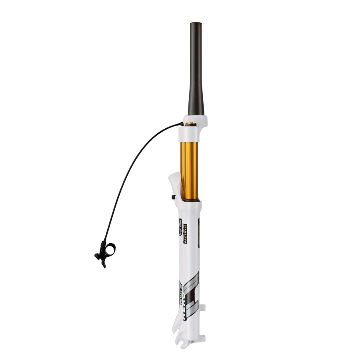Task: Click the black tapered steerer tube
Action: click(196, 72)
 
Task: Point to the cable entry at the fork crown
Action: click(182, 124)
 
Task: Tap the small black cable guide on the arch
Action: click(173, 197)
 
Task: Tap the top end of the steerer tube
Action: click(196, 24)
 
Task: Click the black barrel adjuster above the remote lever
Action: click(104, 243)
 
